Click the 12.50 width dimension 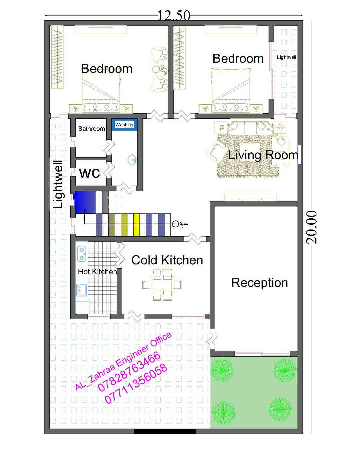(x=174, y=15)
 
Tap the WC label (x=89, y=173)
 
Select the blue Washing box (x=124, y=125)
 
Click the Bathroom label (x=91, y=129)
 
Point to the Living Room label (x=263, y=155)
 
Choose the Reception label (x=260, y=283)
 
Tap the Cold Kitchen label (x=167, y=260)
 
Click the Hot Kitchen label (x=97, y=272)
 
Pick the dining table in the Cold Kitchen (x=162, y=284)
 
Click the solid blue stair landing (x=85, y=202)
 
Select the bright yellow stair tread (x=136, y=225)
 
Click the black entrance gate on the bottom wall (x=165, y=431)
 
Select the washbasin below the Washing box (x=132, y=160)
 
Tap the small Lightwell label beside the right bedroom (x=286, y=57)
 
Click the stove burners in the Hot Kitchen (x=82, y=254)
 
